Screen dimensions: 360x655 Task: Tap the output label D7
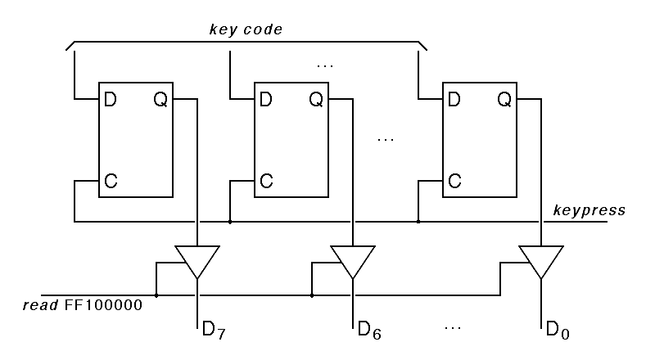click(x=213, y=331)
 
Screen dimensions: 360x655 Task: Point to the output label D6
click(x=368, y=331)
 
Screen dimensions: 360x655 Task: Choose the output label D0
click(x=557, y=331)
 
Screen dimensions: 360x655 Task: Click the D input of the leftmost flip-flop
click(x=110, y=100)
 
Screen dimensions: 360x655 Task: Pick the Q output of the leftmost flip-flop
click(x=160, y=100)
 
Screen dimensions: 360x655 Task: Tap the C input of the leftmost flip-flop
click(x=110, y=180)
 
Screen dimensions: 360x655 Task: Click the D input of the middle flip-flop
click(x=265, y=100)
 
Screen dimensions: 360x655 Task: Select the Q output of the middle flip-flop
click(x=316, y=100)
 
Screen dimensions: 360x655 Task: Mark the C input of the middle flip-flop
click(x=265, y=180)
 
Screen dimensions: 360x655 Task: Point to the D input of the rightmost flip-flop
click(x=454, y=100)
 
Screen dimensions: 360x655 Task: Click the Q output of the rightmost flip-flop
click(x=504, y=100)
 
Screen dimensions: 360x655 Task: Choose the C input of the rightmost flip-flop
click(x=454, y=180)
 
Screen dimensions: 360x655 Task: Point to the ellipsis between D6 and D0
click(x=453, y=327)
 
